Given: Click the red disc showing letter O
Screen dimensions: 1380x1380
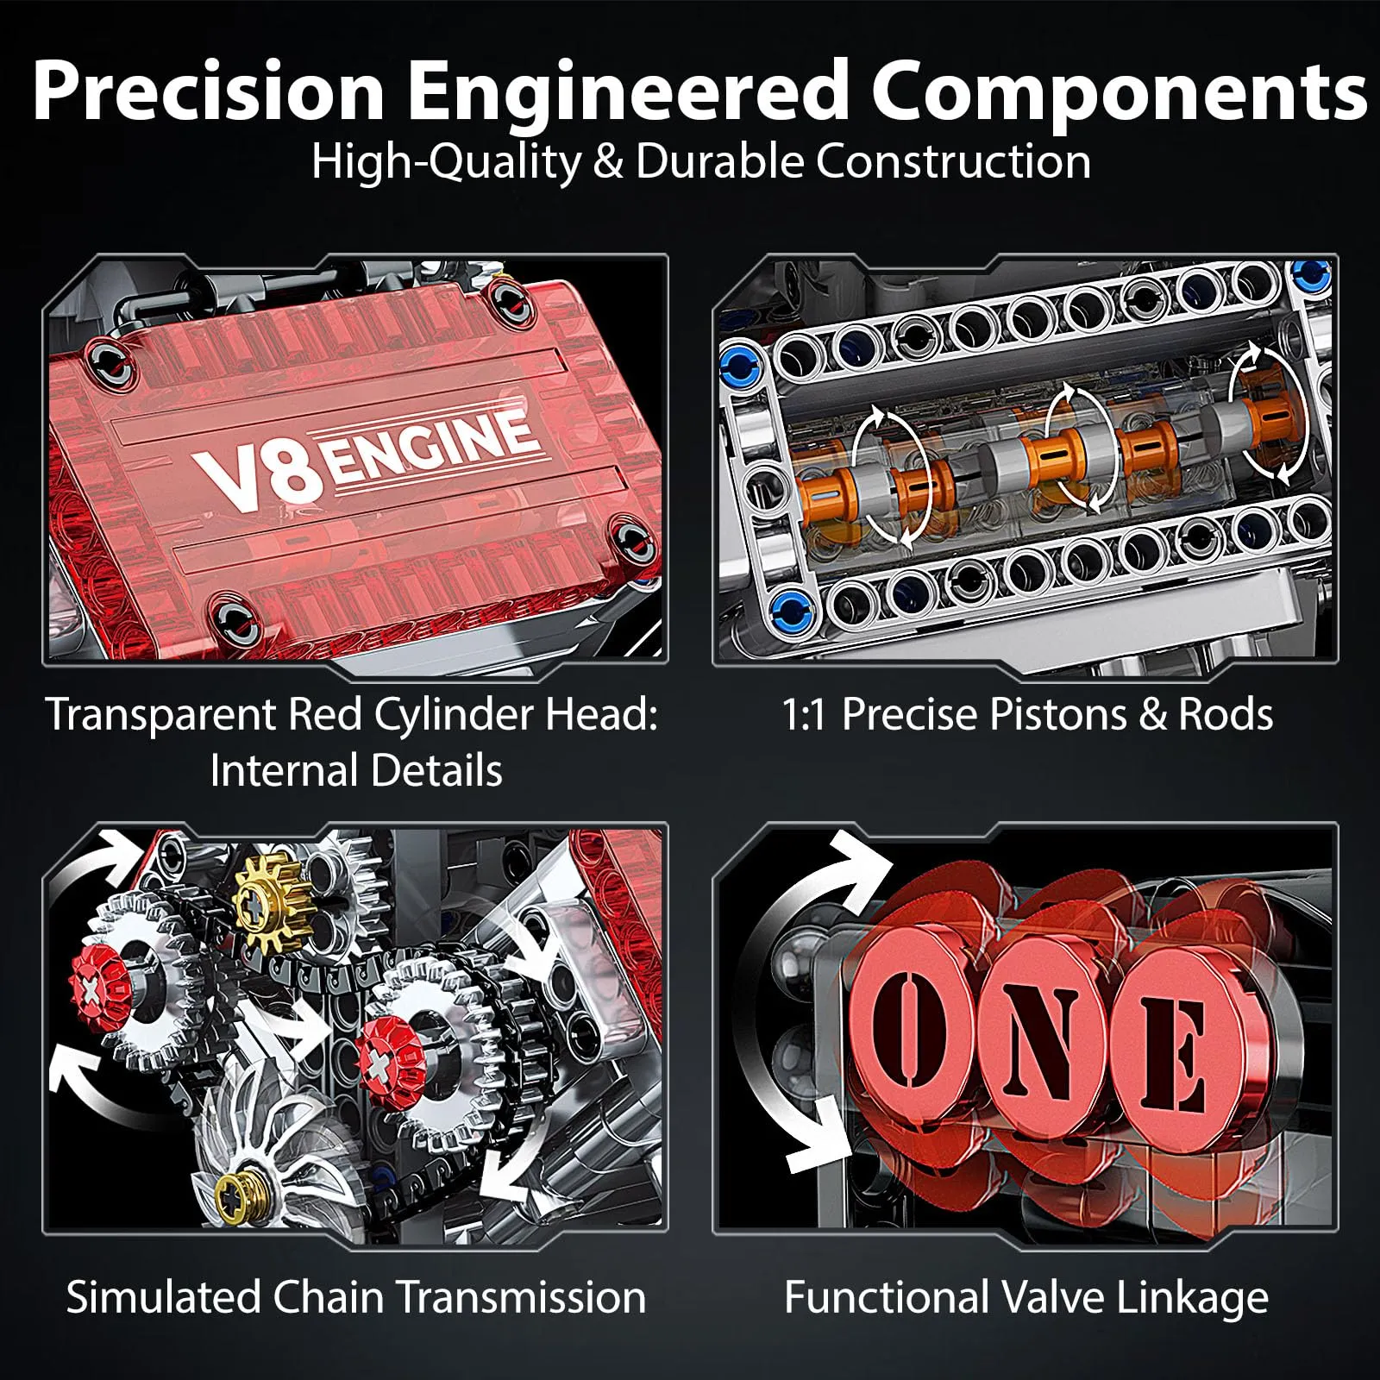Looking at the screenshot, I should point(914,1026).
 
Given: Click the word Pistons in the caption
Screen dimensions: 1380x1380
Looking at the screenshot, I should point(1057,714).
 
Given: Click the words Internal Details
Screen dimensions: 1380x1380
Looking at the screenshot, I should point(355,770).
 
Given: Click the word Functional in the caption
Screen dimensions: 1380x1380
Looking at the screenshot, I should point(887,1297).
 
